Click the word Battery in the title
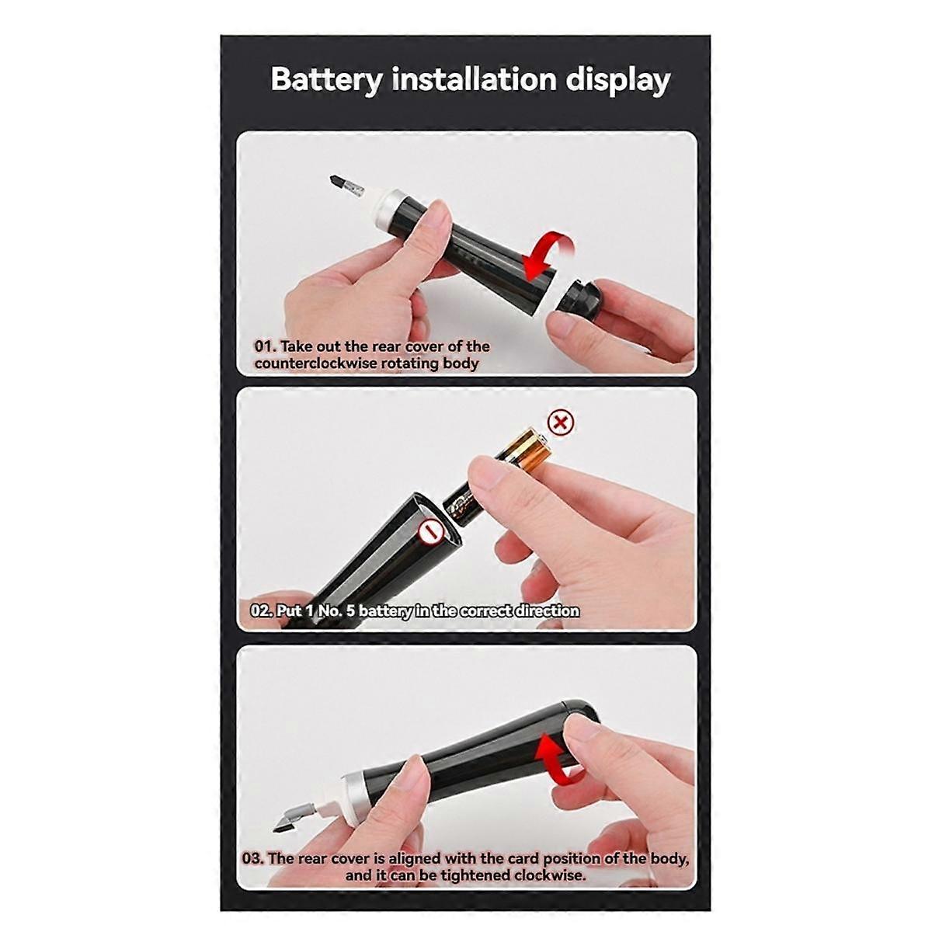coord(326,81)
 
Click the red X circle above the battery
coord(561,423)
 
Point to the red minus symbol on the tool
coord(429,533)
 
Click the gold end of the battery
coord(528,450)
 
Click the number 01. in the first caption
coord(265,346)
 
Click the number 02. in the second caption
coord(261,610)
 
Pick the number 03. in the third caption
coord(253,858)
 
